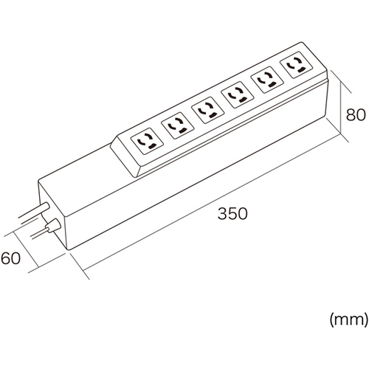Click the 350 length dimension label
pyautogui.click(x=232, y=213)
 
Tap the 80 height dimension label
pyautogui.click(x=356, y=114)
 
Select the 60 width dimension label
pyautogui.click(x=10, y=258)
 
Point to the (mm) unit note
pyautogui.click(x=349, y=320)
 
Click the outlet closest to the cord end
pyautogui.click(x=147, y=141)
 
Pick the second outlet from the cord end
pyautogui.click(x=177, y=125)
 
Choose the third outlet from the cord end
pyautogui.click(x=207, y=110)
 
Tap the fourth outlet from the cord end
pyautogui.click(x=238, y=94)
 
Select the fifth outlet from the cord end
pyautogui.click(x=267, y=80)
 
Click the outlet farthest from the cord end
pyautogui.click(x=297, y=65)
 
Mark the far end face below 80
pyautogui.click(x=327, y=98)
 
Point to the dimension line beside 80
pyautogui.click(x=341, y=108)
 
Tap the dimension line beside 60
pyautogui.click(x=27, y=249)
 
